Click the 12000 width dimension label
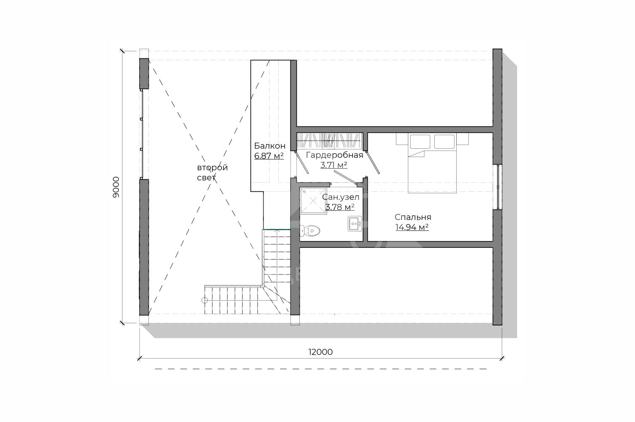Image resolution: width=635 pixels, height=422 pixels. [320, 352]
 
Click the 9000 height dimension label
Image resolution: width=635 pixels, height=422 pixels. [116, 187]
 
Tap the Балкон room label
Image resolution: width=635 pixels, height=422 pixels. [269, 146]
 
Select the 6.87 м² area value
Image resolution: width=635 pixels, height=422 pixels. [269, 156]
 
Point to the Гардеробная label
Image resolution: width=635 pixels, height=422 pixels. [334, 155]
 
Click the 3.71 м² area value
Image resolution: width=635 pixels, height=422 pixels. [334, 165]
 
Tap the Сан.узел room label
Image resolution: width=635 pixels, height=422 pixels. [340, 197]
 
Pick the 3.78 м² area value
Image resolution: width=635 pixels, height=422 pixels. [339, 207]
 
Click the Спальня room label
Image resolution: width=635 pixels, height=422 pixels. [413, 217]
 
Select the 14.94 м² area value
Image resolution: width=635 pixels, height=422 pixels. [412, 227]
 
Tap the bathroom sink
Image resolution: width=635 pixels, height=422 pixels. [355, 223]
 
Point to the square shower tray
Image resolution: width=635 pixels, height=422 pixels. [313, 201]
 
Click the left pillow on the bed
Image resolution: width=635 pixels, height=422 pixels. [420, 141]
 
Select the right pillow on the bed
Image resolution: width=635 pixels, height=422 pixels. [444, 141]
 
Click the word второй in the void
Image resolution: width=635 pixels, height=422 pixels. [213, 168]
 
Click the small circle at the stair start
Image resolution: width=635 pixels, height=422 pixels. [204, 300]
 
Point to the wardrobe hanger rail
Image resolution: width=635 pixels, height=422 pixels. [328, 140]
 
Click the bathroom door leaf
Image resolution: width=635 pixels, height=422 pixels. [345, 177]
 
